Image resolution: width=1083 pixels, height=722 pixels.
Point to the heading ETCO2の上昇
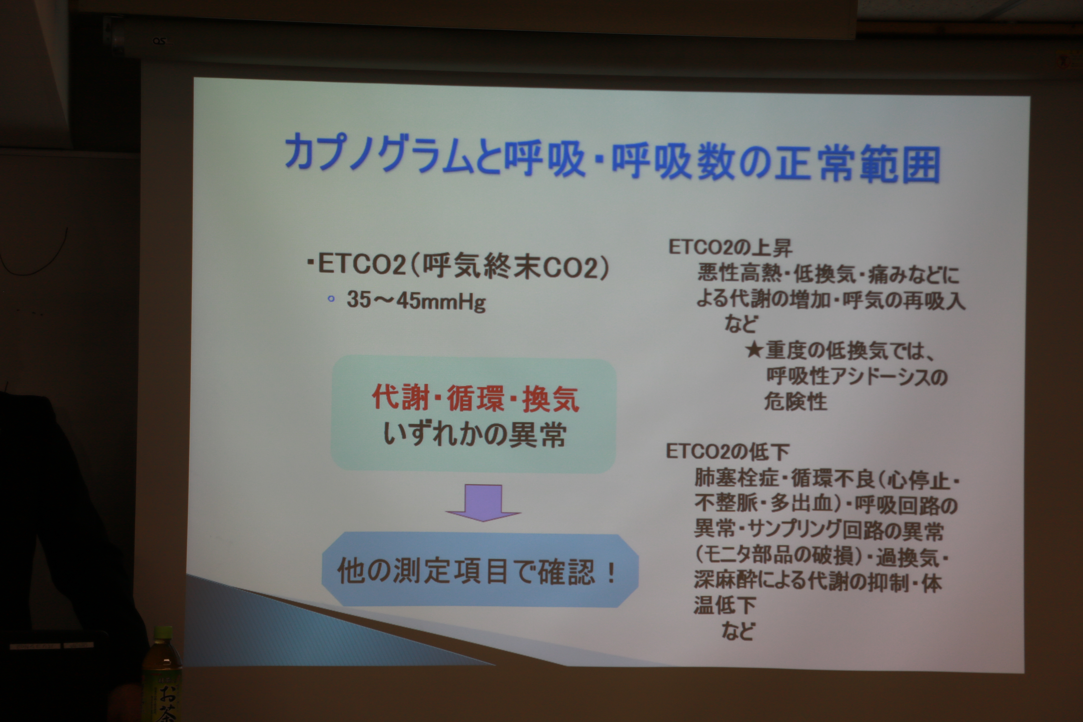730,248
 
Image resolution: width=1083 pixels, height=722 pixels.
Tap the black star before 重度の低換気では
755,350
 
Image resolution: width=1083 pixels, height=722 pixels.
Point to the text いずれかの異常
475,434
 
